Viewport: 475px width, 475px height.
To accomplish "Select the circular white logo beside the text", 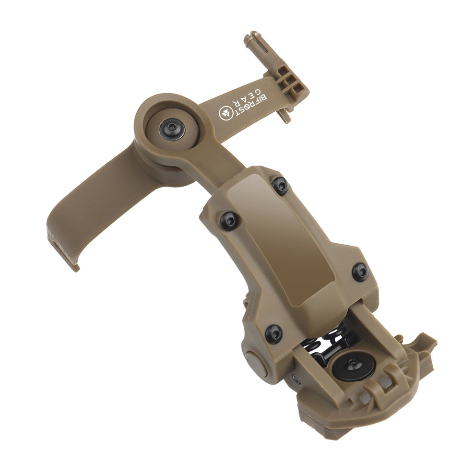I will click(x=226, y=114).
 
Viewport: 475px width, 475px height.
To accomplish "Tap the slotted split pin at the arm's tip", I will click(x=255, y=44).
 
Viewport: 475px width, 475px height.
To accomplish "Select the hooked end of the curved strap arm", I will click(x=62, y=250).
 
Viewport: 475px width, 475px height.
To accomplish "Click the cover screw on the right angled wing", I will click(x=360, y=272).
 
